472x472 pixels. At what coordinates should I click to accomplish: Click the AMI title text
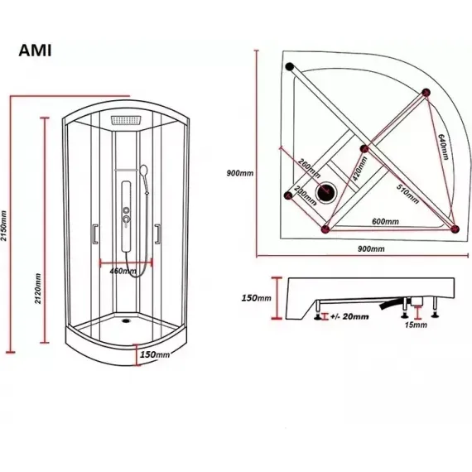coord(35,51)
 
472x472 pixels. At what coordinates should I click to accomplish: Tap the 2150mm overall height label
coord(3,226)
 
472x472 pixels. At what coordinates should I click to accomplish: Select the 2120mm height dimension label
coord(38,288)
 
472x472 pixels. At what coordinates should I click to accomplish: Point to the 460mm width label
coord(123,272)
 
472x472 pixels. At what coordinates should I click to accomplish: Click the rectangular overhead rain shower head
coord(126,120)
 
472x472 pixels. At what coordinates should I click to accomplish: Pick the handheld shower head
coord(143,170)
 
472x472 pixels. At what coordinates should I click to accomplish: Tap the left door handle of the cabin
coord(95,234)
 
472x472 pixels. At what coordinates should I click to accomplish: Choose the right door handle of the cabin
coord(157,234)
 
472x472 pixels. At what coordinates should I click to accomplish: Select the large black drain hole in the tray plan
coord(325,192)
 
